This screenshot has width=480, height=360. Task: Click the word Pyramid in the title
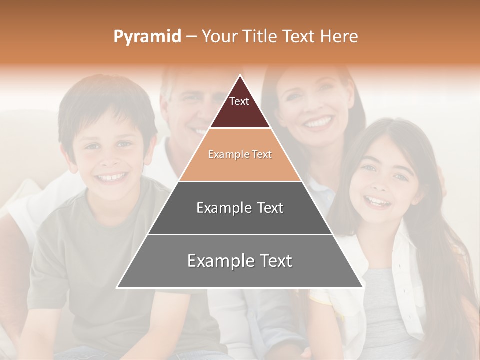coord(147,37)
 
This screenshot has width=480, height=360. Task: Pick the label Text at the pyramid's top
coord(239,101)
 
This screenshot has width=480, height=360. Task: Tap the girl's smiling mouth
coord(378,201)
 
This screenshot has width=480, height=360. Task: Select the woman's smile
coord(318,121)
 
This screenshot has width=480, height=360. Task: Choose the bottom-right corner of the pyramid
coord(362,287)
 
